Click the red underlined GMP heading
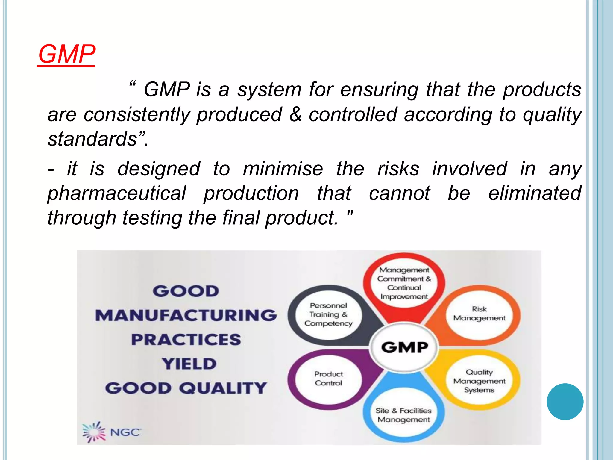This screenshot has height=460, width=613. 66,55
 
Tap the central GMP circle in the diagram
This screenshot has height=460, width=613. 404,347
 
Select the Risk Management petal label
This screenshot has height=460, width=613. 479,314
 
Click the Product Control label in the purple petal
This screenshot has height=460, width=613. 328,379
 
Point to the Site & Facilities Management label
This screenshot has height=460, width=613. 403,415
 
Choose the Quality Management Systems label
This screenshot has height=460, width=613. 479,381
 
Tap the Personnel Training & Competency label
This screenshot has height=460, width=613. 328,314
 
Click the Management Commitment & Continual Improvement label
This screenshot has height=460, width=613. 404,283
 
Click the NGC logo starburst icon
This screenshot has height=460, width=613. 94,432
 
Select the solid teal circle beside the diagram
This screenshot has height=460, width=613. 565,402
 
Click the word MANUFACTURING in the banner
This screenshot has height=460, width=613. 186,315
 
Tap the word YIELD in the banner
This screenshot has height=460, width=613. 189,364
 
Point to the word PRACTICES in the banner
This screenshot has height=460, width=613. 186,340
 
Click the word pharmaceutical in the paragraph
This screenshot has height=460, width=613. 117,193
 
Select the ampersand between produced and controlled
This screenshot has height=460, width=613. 295,114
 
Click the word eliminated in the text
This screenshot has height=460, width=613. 535,193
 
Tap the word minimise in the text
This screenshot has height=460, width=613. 283,169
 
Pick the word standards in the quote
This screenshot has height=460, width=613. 92,139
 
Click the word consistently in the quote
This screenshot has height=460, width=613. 137,114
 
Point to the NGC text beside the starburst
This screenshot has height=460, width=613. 125,432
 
